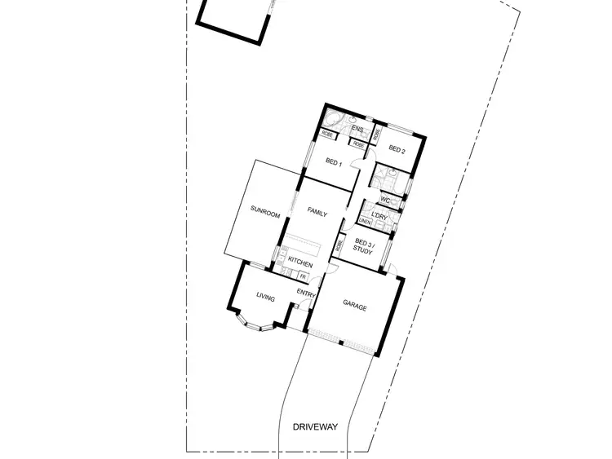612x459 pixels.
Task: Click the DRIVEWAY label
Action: (313, 426)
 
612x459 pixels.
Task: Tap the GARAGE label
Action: (354, 307)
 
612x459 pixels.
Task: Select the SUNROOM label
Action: (266, 214)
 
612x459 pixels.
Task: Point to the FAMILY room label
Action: (317, 214)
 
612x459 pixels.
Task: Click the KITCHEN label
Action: (300, 264)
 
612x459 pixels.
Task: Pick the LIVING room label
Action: (265, 298)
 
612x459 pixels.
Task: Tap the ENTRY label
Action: (306, 293)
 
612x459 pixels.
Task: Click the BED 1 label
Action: (333, 161)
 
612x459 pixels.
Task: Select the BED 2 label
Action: (397, 148)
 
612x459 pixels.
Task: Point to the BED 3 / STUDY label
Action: (362, 246)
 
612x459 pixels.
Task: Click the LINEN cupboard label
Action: (365, 222)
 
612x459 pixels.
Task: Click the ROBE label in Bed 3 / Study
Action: (339, 245)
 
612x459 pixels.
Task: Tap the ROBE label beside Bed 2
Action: (377, 135)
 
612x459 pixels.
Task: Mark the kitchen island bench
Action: (306, 244)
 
